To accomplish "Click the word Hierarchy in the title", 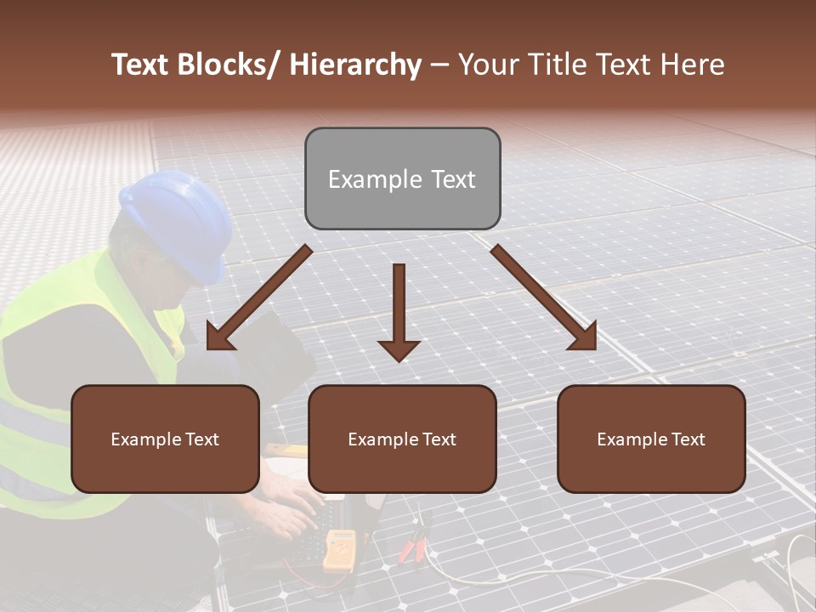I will click(x=355, y=65).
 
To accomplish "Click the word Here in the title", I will click(x=693, y=65).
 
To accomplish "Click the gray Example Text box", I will click(x=402, y=178).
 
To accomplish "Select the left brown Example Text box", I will click(x=165, y=439).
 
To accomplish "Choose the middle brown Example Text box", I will click(x=402, y=439).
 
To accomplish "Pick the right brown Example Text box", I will click(x=651, y=439).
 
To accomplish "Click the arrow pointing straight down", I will click(x=399, y=314).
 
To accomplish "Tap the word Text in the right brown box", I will click(x=688, y=439).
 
